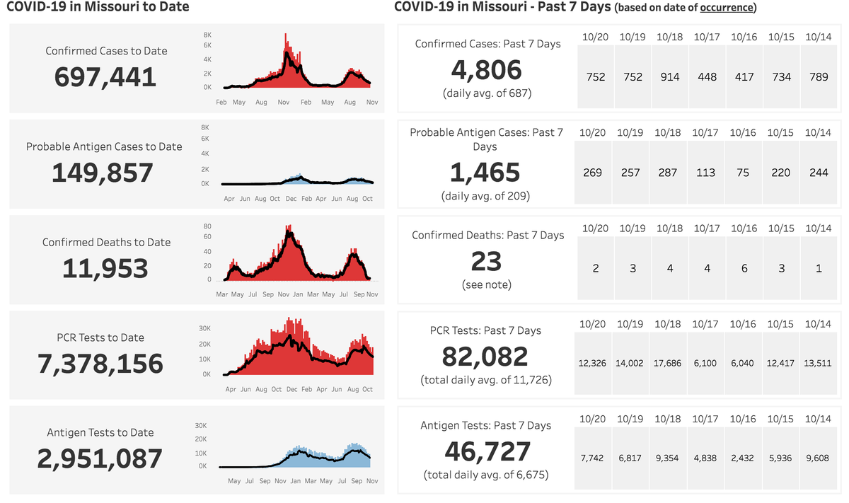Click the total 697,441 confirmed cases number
click(x=105, y=76)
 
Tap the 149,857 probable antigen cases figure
click(x=103, y=173)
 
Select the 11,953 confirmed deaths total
click(x=105, y=268)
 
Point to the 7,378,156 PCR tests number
click(x=100, y=364)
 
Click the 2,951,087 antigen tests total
click(x=100, y=458)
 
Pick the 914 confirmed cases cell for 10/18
click(x=670, y=77)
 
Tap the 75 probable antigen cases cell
click(x=743, y=173)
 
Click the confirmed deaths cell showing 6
click(x=744, y=268)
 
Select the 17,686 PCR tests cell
click(x=668, y=364)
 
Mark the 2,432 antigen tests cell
click(x=743, y=458)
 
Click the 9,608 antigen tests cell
click(x=819, y=458)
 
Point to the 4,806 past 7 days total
click(x=487, y=70)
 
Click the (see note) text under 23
click(x=487, y=284)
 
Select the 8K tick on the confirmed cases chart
click(x=207, y=34)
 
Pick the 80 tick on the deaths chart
click(x=207, y=227)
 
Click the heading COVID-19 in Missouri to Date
click(x=97, y=8)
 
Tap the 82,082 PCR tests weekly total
click(x=485, y=357)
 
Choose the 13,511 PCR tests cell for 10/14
click(x=818, y=364)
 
